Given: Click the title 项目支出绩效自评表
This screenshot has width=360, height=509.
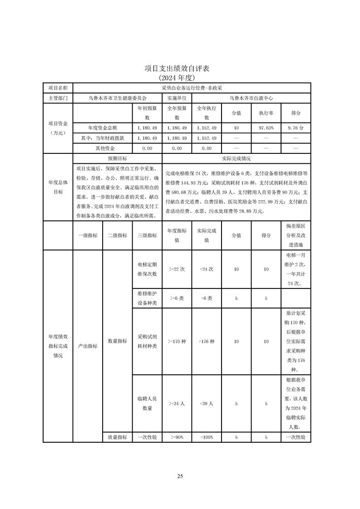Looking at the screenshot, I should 180,69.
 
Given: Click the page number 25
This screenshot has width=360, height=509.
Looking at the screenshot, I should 180,476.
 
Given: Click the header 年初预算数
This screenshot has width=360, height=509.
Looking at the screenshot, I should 147,113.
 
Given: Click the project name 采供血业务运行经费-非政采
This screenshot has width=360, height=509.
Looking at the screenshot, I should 191,87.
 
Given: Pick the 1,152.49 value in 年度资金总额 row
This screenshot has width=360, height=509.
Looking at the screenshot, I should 207,128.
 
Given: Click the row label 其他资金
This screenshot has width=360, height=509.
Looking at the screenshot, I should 102,148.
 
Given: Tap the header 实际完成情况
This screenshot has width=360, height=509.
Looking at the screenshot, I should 236,159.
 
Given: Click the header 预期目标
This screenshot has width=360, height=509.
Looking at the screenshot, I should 117,159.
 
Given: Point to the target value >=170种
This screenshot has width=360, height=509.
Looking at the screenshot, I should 177,341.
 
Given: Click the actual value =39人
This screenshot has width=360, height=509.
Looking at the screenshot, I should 207,403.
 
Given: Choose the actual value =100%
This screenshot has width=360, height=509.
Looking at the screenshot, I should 207,437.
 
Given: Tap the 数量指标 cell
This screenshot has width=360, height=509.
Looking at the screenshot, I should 117,341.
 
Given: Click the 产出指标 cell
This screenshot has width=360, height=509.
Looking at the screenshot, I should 88,346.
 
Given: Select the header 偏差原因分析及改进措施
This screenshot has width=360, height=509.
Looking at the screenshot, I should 296,235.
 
